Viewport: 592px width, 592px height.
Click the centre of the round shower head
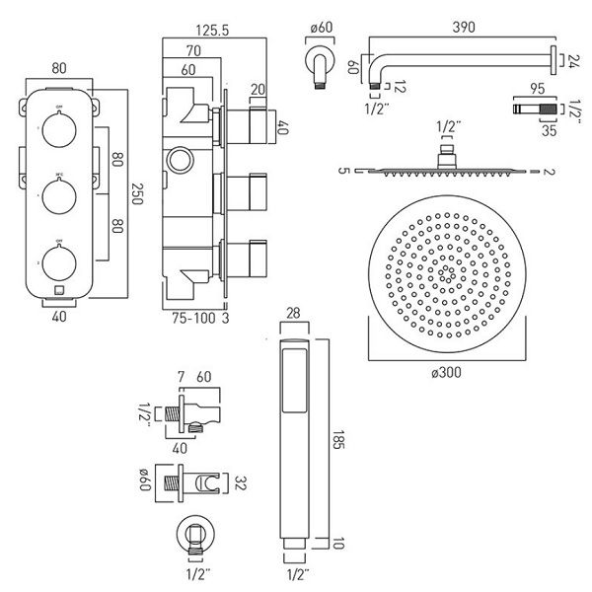pos(445,270)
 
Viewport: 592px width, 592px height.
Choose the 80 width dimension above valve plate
pos(58,69)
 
